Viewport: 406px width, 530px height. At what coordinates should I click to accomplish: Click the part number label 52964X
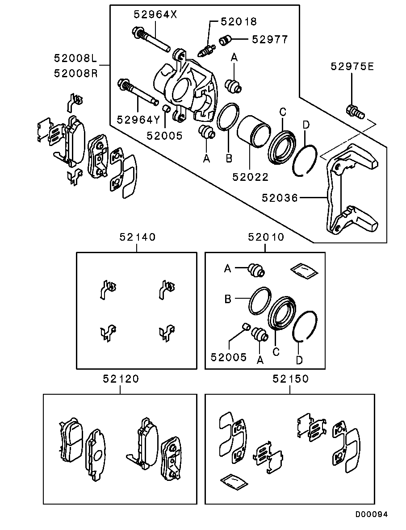point(155,14)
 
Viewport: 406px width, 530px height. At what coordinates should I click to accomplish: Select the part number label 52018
point(239,21)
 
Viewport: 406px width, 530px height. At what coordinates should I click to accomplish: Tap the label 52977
point(270,39)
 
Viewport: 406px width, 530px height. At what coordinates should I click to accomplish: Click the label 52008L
point(75,58)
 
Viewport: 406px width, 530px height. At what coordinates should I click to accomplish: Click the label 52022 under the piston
point(250,177)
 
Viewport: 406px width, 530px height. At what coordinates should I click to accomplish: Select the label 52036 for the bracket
point(280,197)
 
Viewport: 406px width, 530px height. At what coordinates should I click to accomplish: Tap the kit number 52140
point(137,237)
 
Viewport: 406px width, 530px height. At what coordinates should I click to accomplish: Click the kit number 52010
point(266,237)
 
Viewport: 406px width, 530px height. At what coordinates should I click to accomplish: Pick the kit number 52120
point(121,379)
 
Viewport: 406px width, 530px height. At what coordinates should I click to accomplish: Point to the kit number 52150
point(290,379)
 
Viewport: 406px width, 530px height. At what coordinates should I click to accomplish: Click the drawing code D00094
point(371,514)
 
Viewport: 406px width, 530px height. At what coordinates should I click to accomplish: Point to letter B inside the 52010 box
point(228,299)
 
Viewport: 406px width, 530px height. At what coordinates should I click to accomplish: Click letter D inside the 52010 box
point(300,359)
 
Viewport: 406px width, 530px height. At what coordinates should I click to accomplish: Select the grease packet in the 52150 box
point(233,482)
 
